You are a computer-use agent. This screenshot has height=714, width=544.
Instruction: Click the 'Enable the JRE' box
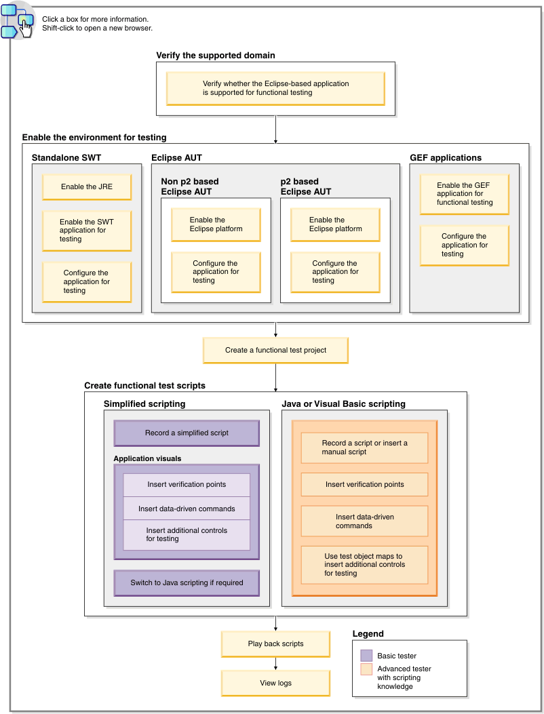click(x=87, y=186)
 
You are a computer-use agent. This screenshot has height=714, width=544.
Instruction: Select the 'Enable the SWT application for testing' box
click(x=87, y=231)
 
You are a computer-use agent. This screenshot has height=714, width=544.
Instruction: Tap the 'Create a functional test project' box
click(x=275, y=351)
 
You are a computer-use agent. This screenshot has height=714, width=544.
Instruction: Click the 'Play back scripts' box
click(x=275, y=643)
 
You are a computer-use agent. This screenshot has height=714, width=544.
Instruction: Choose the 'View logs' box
click(x=275, y=683)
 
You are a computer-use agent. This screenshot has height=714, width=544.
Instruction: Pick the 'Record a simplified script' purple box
click(x=187, y=433)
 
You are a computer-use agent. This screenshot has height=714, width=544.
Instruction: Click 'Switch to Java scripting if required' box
click(x=187, y=582)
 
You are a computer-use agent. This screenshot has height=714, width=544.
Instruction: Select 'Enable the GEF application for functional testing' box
click(x=465, y=194)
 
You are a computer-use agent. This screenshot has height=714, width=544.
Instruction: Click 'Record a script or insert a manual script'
click(x=364, y=448)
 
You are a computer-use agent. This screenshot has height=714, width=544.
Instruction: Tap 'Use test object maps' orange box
click(x=364, y=564)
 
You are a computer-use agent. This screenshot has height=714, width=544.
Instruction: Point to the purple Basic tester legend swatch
click(x=366, y=656)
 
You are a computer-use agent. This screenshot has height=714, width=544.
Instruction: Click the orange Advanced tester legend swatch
click(x=366, y=669)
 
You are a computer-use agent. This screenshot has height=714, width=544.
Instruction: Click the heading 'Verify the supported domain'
click(x=216, y=55)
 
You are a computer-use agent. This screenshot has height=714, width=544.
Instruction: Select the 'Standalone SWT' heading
click(x=66, y=158)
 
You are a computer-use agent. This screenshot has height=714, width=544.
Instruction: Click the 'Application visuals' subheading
click(x=147, y=458)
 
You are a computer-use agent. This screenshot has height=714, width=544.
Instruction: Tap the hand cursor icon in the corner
click(x=25, y=25)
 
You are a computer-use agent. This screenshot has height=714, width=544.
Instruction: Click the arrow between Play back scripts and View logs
click(x=275, y=663)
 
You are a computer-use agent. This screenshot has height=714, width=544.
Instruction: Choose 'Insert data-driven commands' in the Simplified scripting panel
click(x=187, y=509)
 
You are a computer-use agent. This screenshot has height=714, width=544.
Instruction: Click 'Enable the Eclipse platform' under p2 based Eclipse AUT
click(x=335, y=224)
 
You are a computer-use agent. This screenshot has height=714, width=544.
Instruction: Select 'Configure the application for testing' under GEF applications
click(x=465, y=245)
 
